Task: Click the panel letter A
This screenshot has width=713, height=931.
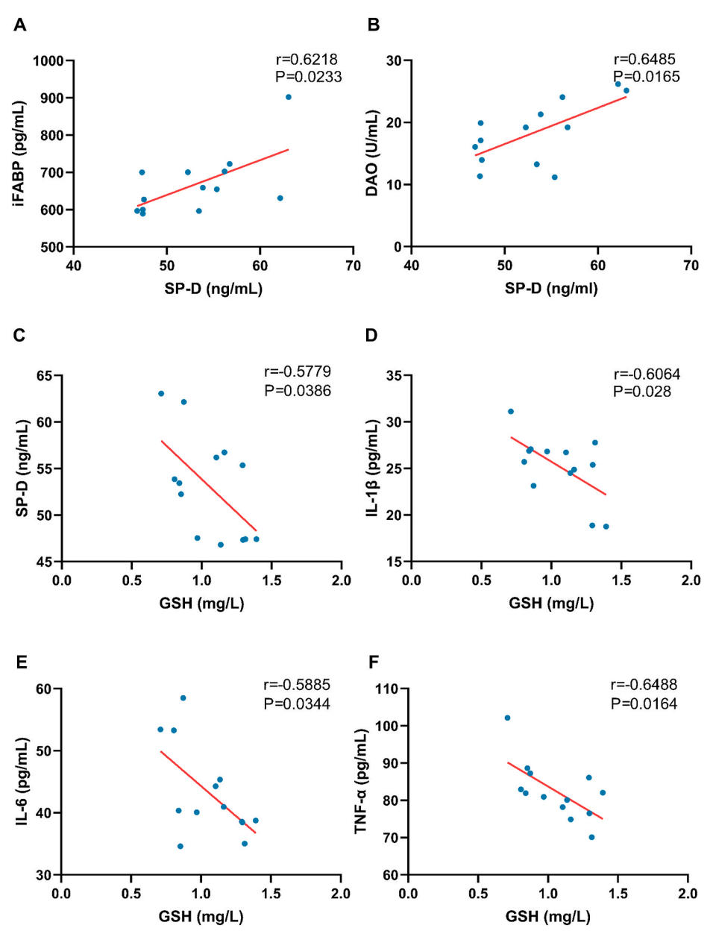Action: click(20, 25)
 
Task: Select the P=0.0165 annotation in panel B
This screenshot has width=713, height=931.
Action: click(647, 77)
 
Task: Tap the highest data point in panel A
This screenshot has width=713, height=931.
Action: click(289, 97)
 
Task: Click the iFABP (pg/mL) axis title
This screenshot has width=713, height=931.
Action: click(19, 153)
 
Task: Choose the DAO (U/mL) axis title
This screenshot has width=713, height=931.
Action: click(371, 153)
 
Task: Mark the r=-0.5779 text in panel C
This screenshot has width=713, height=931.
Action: click(298, 372)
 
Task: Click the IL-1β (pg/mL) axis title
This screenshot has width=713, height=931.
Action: click(372, 468)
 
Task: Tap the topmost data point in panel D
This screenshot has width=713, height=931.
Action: click(511, 411)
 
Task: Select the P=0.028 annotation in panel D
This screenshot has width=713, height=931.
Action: click(642, 392)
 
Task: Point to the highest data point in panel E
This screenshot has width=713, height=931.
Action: click(183, 698)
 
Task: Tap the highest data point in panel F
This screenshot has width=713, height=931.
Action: click(507, 718)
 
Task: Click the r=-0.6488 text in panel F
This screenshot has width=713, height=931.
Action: click(644, 685)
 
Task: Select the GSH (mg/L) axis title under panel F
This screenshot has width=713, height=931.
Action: click(547, 916)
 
